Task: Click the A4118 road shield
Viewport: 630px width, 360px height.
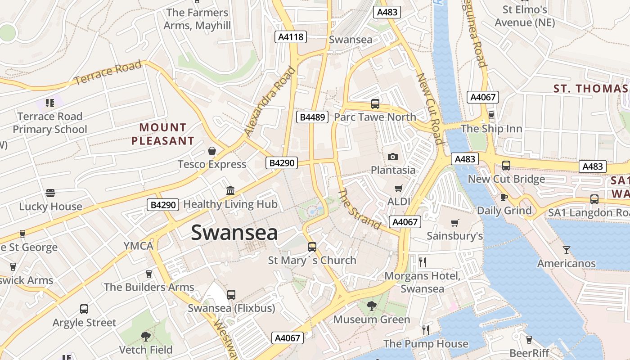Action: coord(291,37)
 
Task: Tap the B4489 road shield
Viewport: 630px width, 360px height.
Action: coord(312,117)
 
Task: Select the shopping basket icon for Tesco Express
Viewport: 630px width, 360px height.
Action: coord(212,151)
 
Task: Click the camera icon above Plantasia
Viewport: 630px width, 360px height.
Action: coord(393,157)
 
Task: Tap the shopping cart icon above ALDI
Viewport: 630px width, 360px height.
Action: coord(398,188)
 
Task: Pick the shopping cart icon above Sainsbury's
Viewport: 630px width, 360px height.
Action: coord(455,223)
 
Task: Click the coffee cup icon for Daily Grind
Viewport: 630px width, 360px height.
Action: coord(504,197)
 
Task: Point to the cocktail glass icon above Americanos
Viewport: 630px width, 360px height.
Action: coord(567,250)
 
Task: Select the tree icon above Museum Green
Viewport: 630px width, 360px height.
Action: coord(371,306)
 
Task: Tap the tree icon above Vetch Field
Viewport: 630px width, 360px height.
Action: coord(145,336)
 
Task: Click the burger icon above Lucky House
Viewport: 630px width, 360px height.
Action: coord(50,193)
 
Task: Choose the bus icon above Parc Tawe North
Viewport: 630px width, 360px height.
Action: coord(375,104)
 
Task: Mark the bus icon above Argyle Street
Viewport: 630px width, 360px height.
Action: coord(84,309)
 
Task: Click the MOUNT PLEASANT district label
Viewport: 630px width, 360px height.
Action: coord(162,134)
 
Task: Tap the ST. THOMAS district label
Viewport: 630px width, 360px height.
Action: coord(590,89)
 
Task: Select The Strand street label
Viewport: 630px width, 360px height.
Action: coord(359,209)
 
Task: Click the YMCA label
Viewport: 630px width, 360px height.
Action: coord(139,246)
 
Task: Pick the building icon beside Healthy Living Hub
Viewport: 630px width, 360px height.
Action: coord(230,190)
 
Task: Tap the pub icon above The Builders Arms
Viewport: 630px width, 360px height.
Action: coord(149,274)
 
